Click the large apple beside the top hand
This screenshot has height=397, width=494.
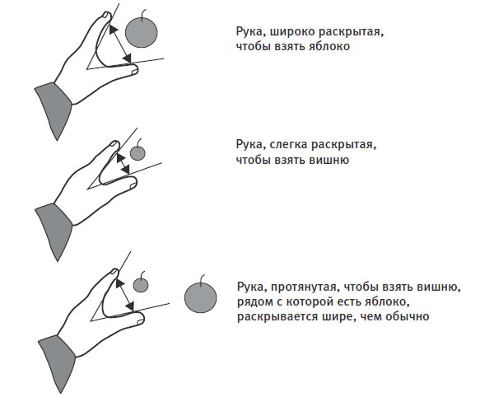[141, 32]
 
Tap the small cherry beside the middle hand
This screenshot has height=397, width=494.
[137, 153]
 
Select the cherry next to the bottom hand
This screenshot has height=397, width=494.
[141, 286]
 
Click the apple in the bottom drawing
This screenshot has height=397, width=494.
[200, 297]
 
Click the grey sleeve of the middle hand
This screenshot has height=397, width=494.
[54, 230]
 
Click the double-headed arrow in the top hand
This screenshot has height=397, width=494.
[120, 44]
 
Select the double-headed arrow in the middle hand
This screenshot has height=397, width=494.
[123, 163]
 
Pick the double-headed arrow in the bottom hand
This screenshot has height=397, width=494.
[125, 295]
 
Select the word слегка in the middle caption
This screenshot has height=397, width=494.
[289, 145]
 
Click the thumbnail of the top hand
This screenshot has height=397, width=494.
[134, 72]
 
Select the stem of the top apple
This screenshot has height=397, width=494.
[144, 15]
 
